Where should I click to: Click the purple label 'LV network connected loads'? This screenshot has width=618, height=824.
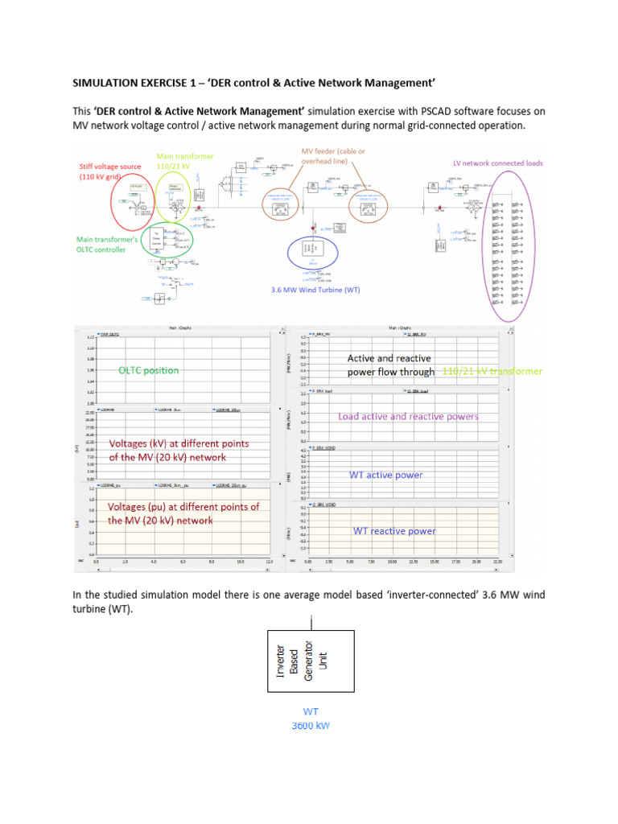[497, 163]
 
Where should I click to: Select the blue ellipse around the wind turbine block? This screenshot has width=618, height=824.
[313, 253]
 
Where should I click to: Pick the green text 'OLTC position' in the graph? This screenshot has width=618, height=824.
[149, 370]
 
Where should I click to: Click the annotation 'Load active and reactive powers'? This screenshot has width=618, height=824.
[408, 416]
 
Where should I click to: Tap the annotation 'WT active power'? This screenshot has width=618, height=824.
[385, 475]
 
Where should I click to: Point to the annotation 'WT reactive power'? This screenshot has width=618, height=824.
[394, 531]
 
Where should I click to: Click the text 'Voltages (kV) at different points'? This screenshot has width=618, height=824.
[179, 443]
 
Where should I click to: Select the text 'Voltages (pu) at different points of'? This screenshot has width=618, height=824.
[183, 507]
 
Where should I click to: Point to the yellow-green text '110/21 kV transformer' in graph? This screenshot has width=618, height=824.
[492, 371]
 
